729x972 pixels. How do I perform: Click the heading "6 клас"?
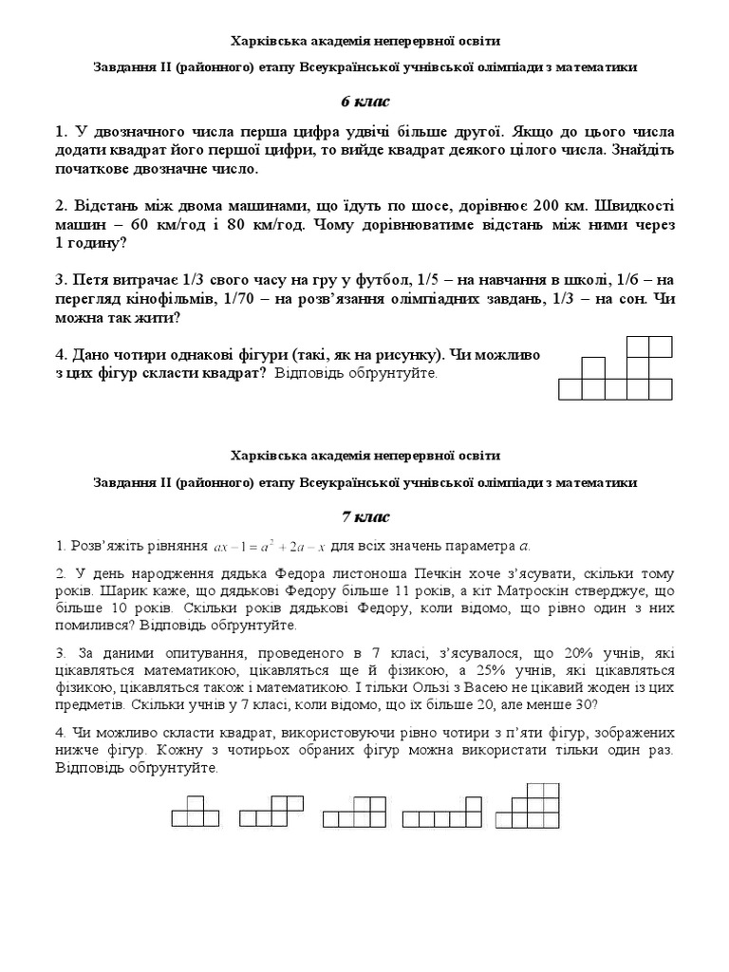(x=364, y=102)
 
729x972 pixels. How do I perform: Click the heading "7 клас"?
(x=364, y=516)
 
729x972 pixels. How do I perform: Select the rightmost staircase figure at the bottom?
(x=533, y=806)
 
